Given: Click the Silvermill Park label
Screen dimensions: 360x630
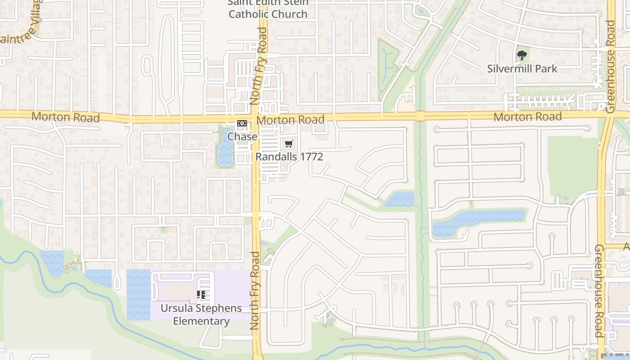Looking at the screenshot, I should (x=522, y=69).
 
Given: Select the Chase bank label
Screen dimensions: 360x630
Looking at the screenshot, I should (x=242, y=136).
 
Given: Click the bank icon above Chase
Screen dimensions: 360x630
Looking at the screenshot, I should (x=242, y=123).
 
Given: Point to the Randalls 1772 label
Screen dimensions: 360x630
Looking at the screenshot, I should (x=289, y=157).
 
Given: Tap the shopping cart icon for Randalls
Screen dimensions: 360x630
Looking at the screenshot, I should (x=289, y=144).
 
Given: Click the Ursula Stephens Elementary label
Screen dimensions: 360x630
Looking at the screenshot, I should (x=201, y=315).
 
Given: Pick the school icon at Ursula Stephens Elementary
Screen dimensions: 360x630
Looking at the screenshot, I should (x=201, y=295).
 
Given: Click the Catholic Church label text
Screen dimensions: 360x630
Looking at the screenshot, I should (x=268, y=14).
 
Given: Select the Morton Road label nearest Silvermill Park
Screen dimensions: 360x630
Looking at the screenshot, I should (x=527, y=117).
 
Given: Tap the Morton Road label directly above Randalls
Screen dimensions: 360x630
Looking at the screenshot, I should (x=290, y=120).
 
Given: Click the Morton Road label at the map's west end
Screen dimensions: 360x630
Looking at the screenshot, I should (x=65, y=117).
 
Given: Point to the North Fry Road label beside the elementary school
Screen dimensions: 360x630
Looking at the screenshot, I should (x=255, y=290).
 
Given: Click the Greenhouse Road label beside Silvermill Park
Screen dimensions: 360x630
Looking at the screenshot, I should (x=610, y=66).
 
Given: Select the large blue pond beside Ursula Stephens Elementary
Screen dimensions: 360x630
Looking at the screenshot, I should (x=138, y=295).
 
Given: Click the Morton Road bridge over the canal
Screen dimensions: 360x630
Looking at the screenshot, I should (x=420, y=117).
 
